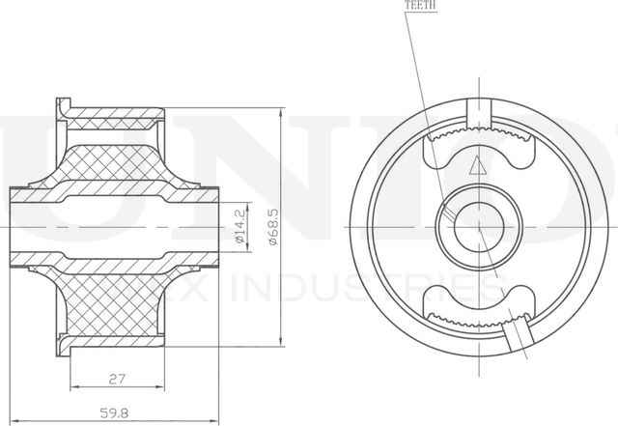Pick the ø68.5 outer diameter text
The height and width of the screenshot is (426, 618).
click(x=274, y=225)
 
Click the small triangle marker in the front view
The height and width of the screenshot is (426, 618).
click(x=474, y=165)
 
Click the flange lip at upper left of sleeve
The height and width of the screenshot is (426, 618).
click(x=64, y=106)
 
